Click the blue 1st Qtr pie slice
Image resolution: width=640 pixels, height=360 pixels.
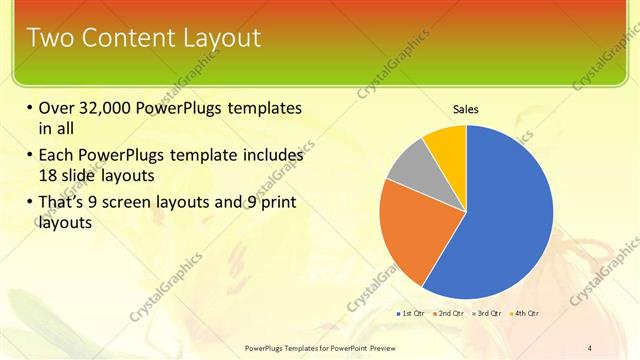coord(500,220)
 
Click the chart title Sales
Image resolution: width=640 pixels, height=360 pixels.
coord(466,108)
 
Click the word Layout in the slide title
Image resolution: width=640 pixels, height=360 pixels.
coord(220,38)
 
